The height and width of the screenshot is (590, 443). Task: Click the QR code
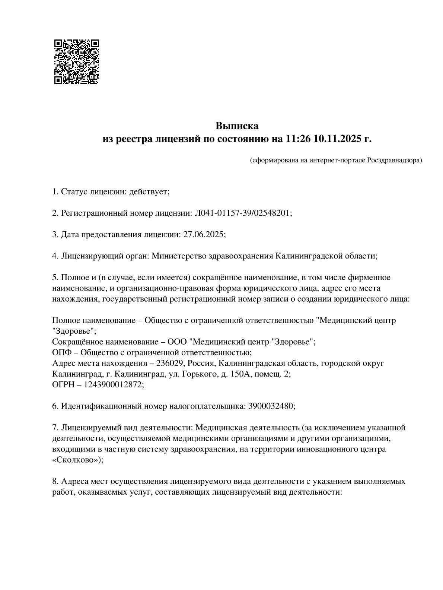pyautogui.click(x=76, y=61)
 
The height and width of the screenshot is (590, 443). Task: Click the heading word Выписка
pyautogui.click(x=237, y=126)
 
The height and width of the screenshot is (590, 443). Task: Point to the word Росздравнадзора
pyautogui.click(x=394, y=161)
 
